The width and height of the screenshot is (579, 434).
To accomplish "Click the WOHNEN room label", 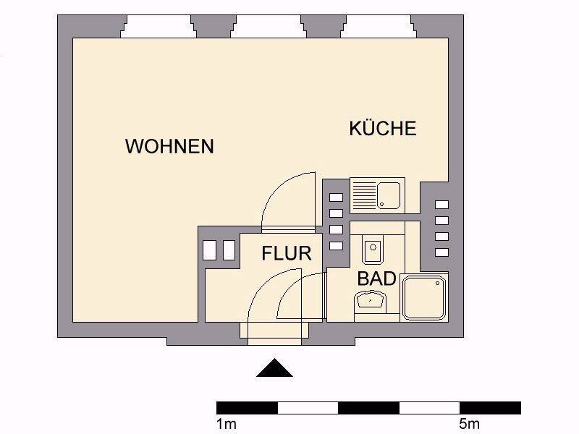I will click(x=169, y=146).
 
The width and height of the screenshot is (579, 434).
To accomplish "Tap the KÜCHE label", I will click(x=383, y=129).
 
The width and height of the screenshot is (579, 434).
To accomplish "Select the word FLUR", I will click(x=287, y=253).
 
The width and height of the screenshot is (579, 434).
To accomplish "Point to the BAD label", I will click(x=376, y=278).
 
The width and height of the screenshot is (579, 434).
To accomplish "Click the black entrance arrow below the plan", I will click(x=274, y=368).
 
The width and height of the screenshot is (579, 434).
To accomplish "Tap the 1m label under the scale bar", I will click(x=226, y=422).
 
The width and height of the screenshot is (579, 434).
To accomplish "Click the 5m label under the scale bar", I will click(x=468, y=422).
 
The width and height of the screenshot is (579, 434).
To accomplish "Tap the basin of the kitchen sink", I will click(x=389, y=195).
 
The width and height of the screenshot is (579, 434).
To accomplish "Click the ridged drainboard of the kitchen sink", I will click(x=363, y=195).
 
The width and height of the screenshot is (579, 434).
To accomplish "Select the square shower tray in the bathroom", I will click(x=426, y=297).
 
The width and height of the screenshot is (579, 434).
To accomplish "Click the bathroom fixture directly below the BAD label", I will click(x=370, y=299).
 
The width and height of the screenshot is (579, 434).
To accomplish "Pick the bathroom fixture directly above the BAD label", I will click(x=373, y=251).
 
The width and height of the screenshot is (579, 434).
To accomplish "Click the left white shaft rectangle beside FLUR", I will click(x=210, y=250).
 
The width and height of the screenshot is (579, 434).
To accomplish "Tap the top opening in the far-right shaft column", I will click(x=441, y=205).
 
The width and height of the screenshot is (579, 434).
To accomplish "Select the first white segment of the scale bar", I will click(x=308, y=407).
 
